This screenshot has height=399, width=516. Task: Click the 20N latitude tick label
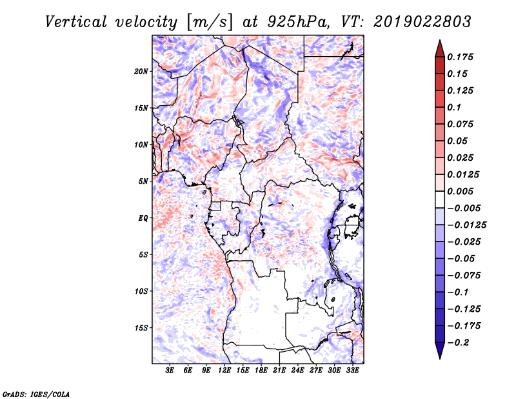141,72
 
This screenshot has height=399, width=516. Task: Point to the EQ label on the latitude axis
143,218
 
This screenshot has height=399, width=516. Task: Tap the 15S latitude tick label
141,328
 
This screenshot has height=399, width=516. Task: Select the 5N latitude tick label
143,181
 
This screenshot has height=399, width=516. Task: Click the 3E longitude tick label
170,371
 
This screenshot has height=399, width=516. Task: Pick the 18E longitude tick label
261,371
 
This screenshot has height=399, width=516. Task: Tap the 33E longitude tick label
352,371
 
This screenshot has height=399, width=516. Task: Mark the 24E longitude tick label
297,371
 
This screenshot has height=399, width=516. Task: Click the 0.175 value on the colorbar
460,57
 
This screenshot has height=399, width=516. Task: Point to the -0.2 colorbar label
458,343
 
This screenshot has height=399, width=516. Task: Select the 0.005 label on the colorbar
460,191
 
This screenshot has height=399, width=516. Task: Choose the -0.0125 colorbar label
466,225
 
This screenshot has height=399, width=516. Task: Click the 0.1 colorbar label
454,107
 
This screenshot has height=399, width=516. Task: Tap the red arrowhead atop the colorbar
440,48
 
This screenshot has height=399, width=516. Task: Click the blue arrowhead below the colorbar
440,351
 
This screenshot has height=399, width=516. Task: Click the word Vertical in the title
75,22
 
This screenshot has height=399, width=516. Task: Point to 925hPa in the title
297,22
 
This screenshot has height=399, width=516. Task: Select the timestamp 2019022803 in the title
422,22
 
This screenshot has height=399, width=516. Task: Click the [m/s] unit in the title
210,22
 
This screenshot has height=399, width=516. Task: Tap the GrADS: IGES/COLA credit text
36,394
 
